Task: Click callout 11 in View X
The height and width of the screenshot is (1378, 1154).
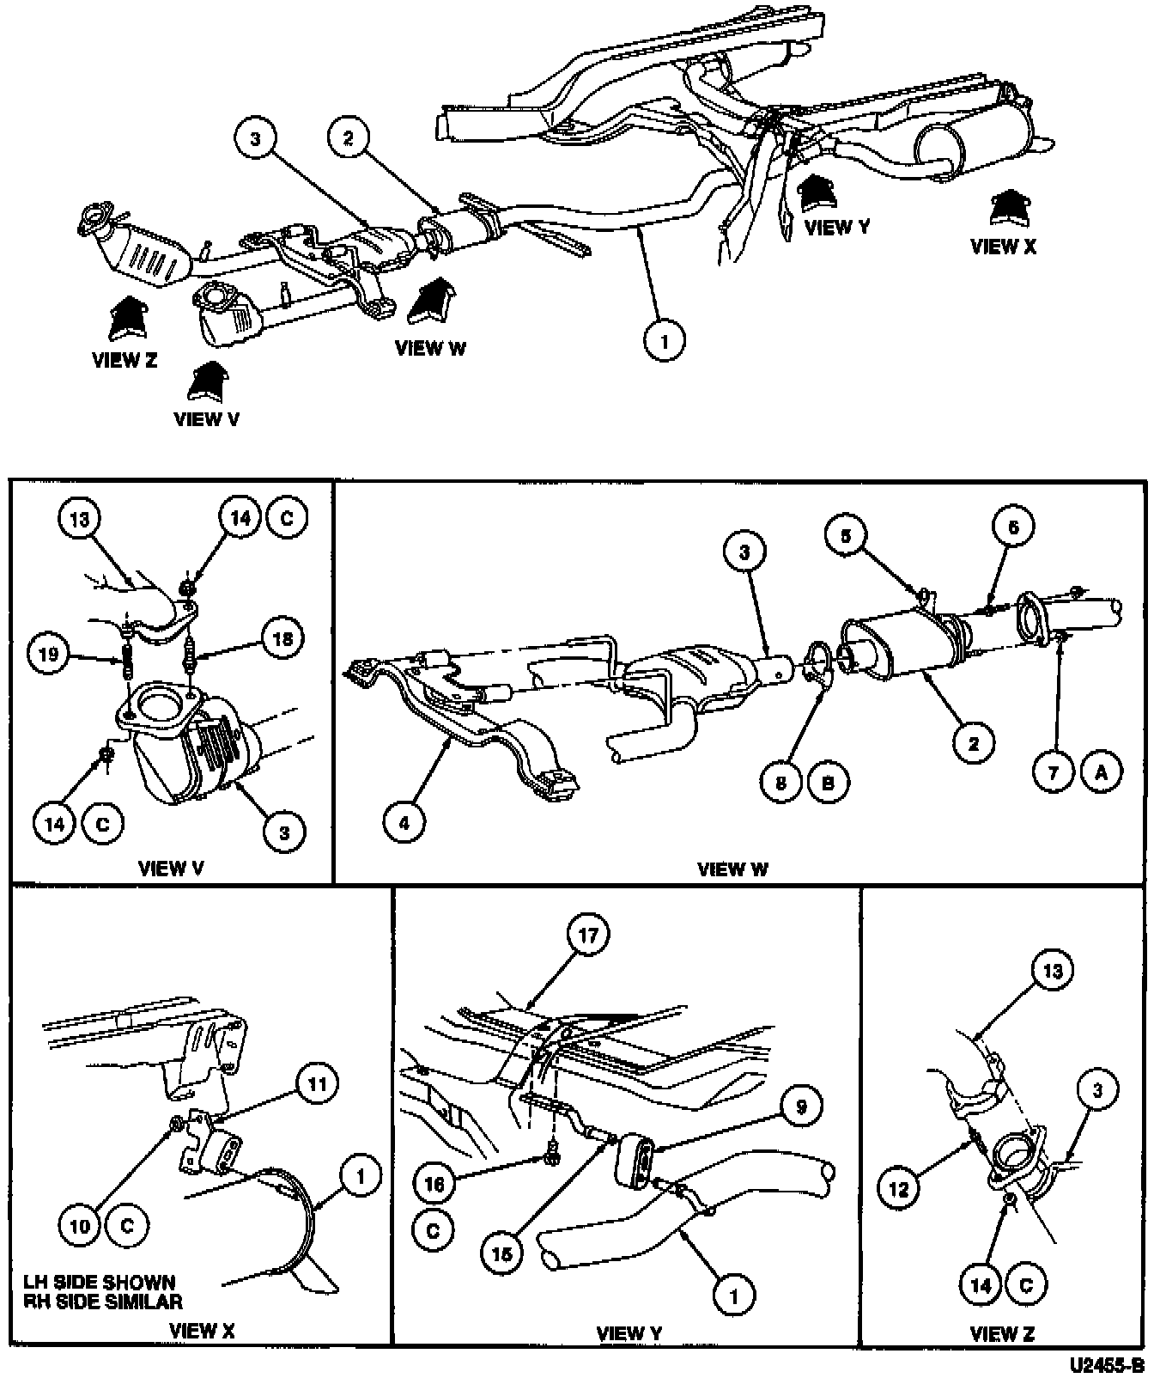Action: (x=318, y=1083)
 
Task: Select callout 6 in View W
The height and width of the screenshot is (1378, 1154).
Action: (x=1013, y=527)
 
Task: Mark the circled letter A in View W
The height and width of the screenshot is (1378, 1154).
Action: (x=1102, y=772)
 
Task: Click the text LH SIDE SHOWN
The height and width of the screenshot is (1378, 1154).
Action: (x=101, y=1282)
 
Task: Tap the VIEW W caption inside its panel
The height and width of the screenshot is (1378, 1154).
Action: (x=732, y=869)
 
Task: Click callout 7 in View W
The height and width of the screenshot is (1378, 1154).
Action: (x=1054, y=772)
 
